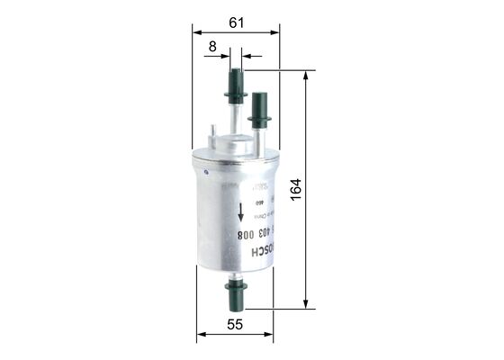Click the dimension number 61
[x=235, y=23]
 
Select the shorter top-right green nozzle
[x=260, y=106]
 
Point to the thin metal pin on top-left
[x=212, y=137]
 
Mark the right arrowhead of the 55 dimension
[x=274, y=336]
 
